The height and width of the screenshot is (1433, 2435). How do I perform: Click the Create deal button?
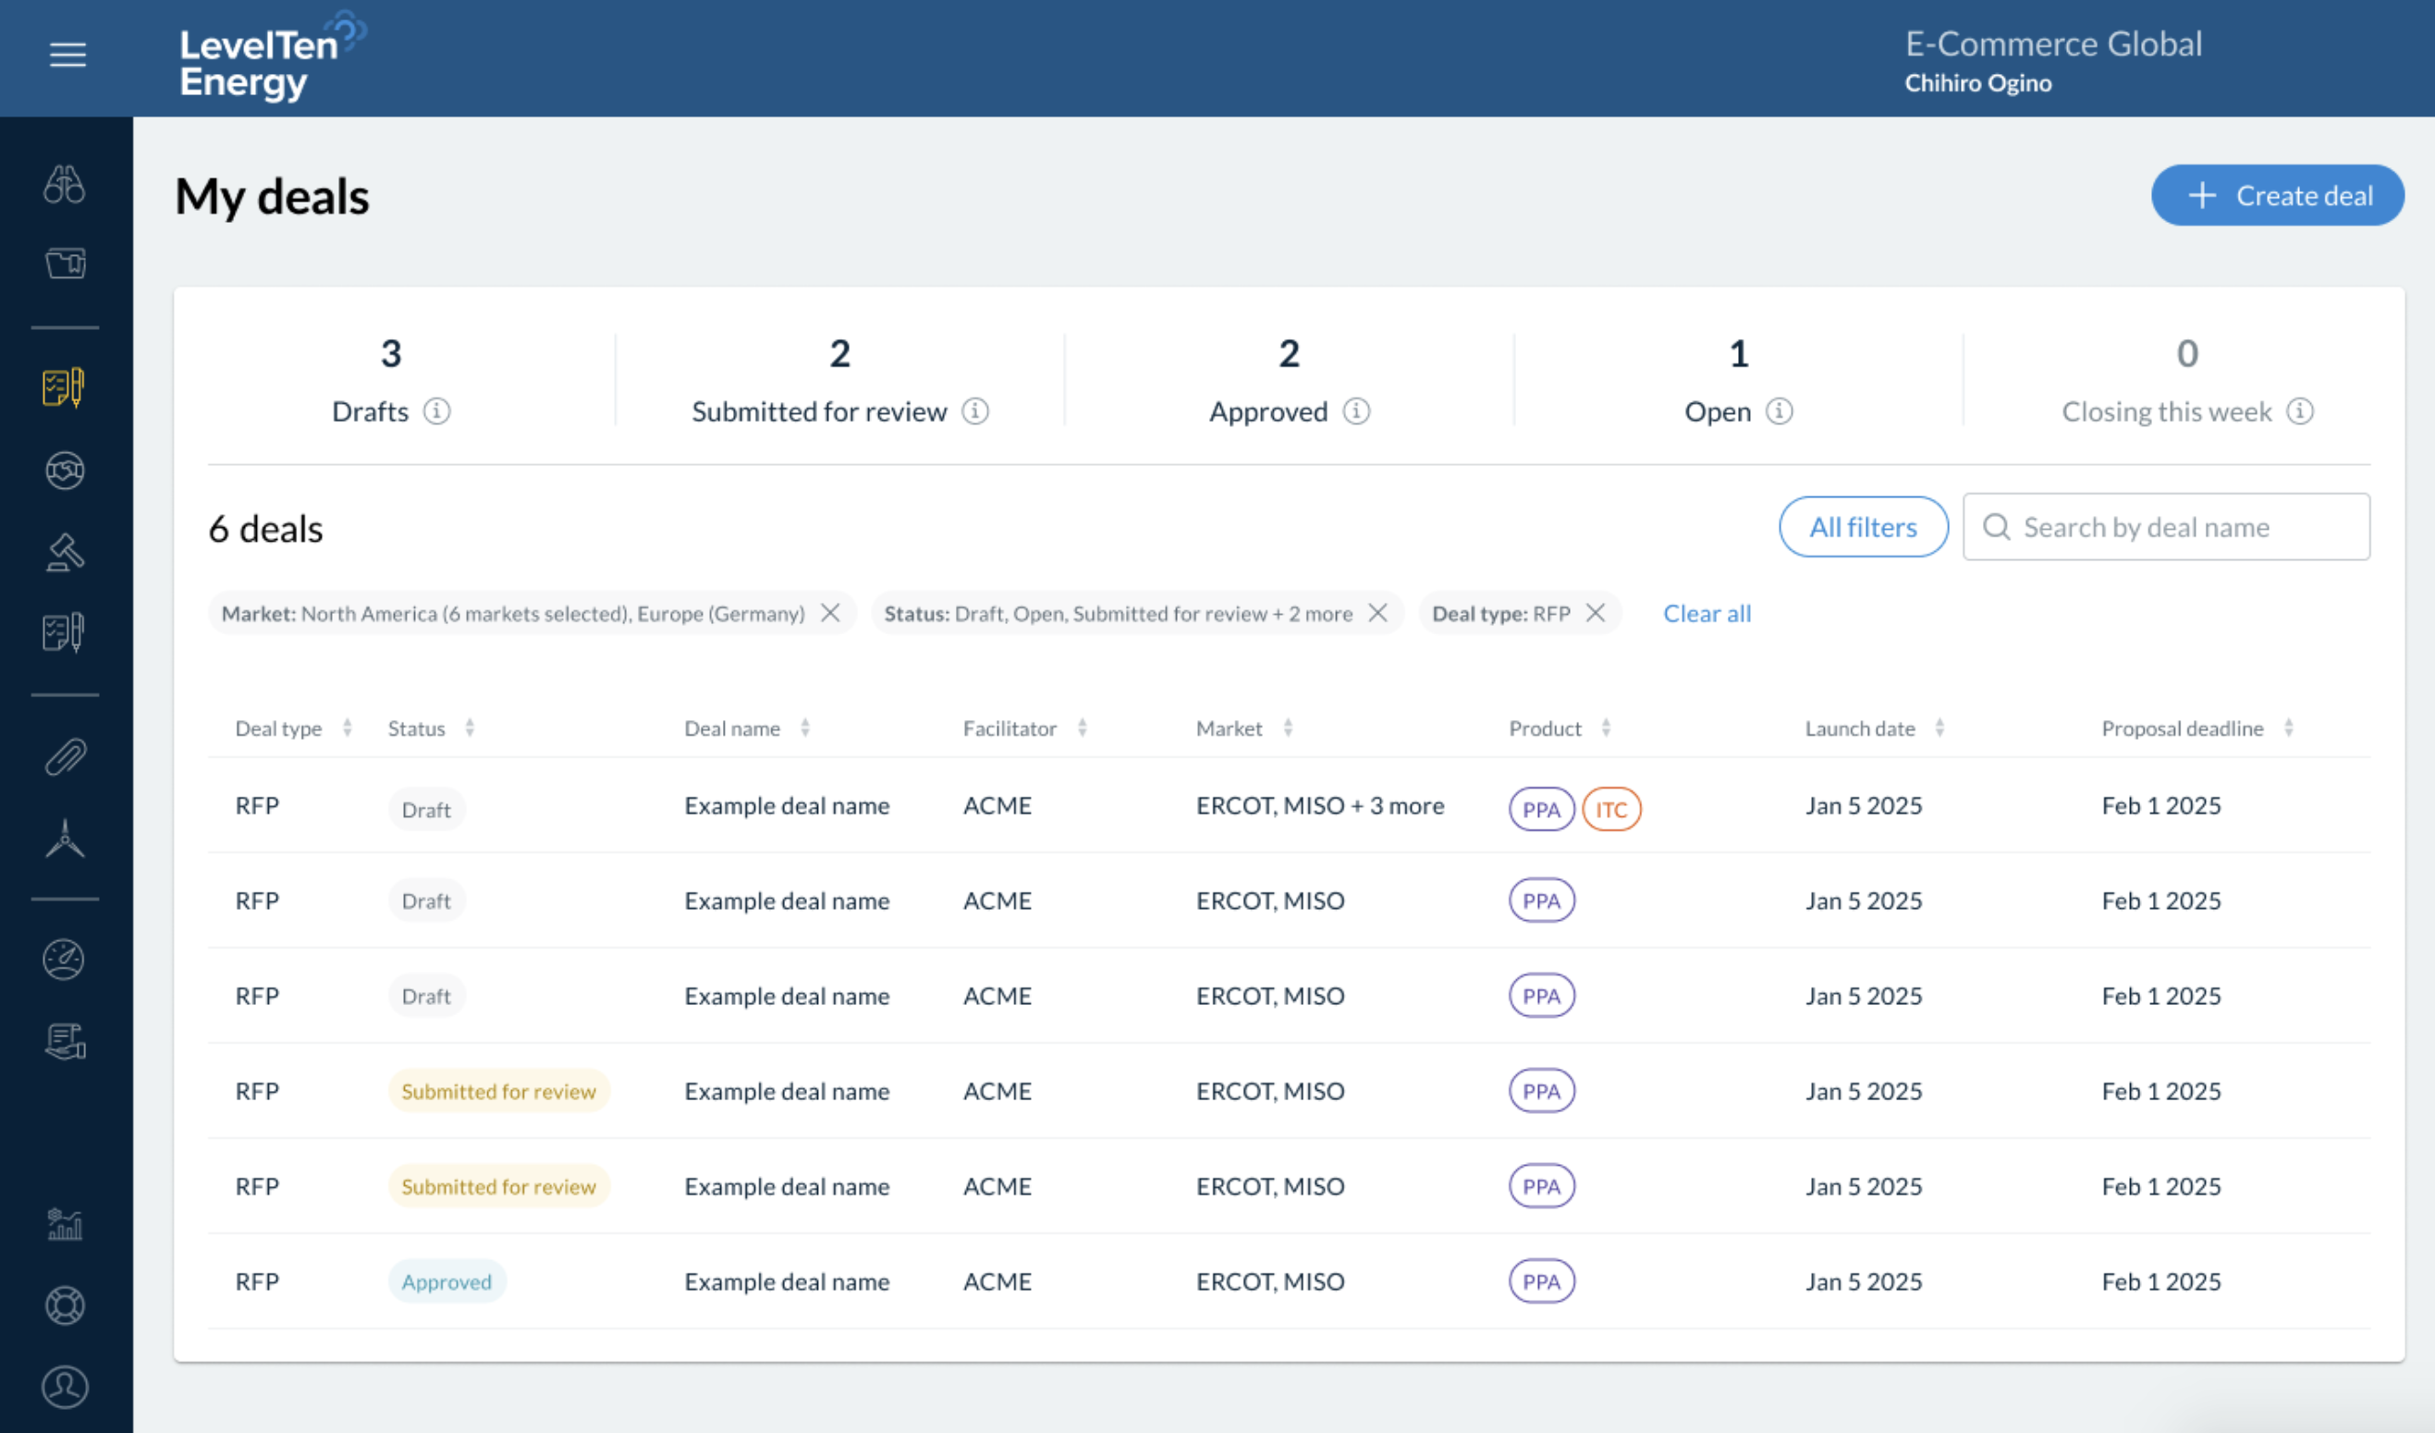point(2277,195)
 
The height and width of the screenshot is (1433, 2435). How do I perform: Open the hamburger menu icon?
point(67,55)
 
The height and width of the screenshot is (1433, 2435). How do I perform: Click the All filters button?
point(1862,527)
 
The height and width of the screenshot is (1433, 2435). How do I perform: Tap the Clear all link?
point(1706,614)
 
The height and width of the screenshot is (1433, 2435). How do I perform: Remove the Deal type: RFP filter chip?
point(1596,613)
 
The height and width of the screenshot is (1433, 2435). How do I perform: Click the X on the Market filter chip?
point(830,613)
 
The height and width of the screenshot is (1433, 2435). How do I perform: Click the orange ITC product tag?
point(1610,810)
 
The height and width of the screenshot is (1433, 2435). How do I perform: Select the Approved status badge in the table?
point(447,1281)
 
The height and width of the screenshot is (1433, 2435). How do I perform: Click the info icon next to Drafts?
point(436,411)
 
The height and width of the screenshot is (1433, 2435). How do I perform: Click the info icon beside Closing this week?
point(2300,411)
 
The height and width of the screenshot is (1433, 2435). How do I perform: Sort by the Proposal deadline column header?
point(2182,729)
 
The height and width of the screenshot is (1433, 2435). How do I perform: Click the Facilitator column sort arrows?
point(1083,729)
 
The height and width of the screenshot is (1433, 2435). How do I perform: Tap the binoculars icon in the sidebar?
point(65,184)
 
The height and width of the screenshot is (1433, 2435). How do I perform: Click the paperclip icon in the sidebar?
point(65,756)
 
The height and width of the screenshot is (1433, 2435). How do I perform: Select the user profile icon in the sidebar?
point(65,1387)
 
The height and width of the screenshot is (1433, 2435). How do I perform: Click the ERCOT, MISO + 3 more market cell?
point(1319,806)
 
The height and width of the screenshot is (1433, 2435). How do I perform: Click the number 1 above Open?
point(1738,354)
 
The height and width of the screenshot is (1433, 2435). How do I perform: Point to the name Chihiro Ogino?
point(1977,83)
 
